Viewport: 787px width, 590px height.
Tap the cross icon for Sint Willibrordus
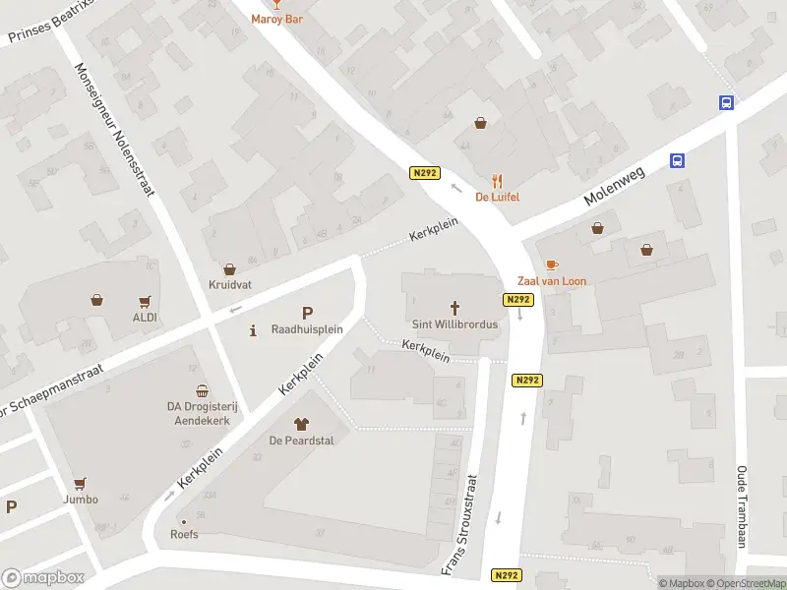[x=455, y=307]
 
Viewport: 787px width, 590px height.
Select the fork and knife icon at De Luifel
[x=498, y=181]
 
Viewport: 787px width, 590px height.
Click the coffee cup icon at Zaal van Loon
[x=551, y=265]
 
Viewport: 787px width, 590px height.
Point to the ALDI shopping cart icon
[x=146, y=301]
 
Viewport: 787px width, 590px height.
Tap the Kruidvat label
[x=229, y=285]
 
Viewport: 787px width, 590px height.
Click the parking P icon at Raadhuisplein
[x=307, y=312]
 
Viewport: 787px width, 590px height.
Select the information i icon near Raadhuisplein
[x=254, y=329]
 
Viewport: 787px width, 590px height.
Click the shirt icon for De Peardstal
[x=302, y=424]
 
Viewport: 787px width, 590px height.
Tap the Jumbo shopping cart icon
[x=80, y=483]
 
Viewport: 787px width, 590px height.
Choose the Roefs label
[x=184, y=535]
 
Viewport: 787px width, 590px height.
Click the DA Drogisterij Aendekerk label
[x=202, y=412]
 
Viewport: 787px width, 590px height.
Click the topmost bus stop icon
[x=726, y=102]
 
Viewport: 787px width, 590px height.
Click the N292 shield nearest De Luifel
[x=424, y=173]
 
